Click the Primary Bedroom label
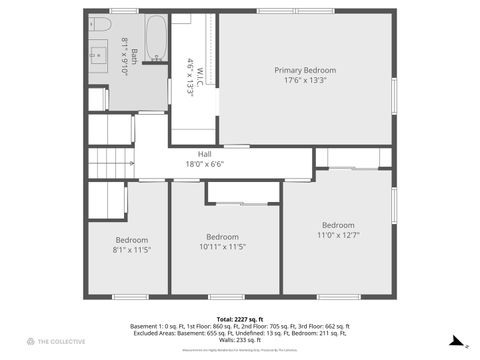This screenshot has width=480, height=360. [x=305, y=70]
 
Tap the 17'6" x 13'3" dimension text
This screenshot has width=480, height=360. [x=305, y=80]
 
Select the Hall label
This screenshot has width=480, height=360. [x=204, y=154]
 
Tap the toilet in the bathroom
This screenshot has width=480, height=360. [x=100, y=24]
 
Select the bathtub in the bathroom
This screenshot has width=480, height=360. [x=157, y=37]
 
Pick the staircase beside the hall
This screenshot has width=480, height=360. [x=111, y=162]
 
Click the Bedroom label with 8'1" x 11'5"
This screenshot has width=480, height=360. [x=131, y=240]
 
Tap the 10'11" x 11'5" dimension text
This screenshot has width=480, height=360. [x=223, y=246]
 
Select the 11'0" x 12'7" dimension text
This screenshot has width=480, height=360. [x=337, y=235]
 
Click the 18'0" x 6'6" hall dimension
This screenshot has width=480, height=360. [x=204, y=164]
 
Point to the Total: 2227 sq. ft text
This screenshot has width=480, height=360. [x=240, y=319]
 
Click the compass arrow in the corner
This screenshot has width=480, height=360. [x=455, y=341]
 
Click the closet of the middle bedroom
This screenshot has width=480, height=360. [x=243, y=192]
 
